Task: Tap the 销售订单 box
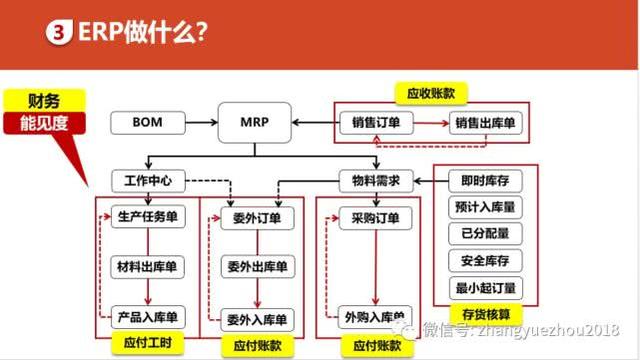coord(376,123)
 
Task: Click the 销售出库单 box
coord(485,123)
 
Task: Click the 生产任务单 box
coord(147,219)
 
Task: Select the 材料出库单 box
coord(147,267)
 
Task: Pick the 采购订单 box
coord(376,219)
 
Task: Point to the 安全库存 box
coord(484,261)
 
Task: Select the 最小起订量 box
coord(484,288)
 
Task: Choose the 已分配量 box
coord(484,235)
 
